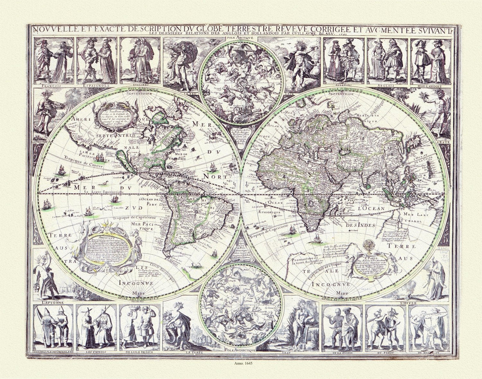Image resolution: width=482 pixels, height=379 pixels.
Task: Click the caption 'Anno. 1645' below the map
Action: [241, 364]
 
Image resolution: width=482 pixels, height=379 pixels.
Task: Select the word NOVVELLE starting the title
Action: [54, 29]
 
